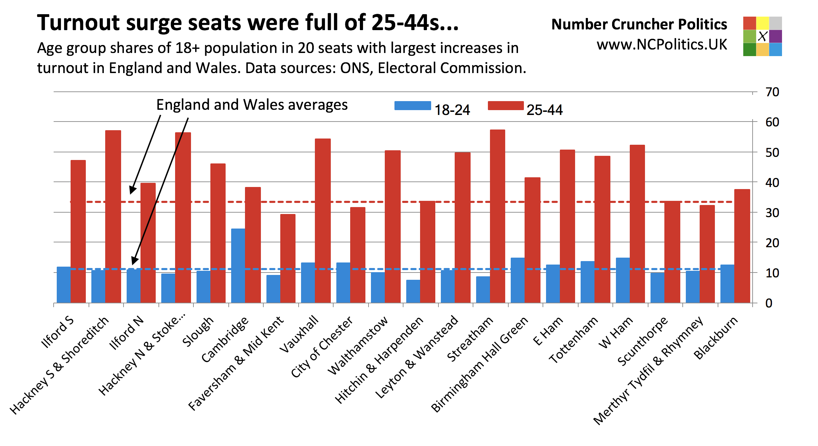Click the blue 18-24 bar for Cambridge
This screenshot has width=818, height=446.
pos(238,266)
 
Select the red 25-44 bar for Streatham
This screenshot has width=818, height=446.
pos(498,216)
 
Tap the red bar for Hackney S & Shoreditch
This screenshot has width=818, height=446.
pos(113,217)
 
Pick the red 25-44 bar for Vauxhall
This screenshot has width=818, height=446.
pos(323,221)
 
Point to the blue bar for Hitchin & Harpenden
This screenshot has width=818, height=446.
pos(413,291)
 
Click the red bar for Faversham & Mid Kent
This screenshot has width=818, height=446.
pos(288,258)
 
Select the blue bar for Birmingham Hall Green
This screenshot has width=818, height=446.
pos(518,280)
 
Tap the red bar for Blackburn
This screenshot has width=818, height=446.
pos(742,246)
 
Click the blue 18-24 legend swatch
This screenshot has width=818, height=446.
pos(412,106)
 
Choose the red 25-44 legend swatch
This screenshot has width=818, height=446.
pos(506,106)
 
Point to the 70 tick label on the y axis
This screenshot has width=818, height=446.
pos(772,92)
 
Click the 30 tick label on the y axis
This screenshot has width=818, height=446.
pos(772,213)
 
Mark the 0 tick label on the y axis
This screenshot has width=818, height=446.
pos(769,303)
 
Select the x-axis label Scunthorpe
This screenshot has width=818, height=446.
pos(643,341)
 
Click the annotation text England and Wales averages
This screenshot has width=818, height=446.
pos(252,105)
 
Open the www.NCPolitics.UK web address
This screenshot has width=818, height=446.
pos(662,45)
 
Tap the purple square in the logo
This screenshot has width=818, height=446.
pos(775,36)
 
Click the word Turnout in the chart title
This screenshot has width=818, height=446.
pos(78,23)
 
